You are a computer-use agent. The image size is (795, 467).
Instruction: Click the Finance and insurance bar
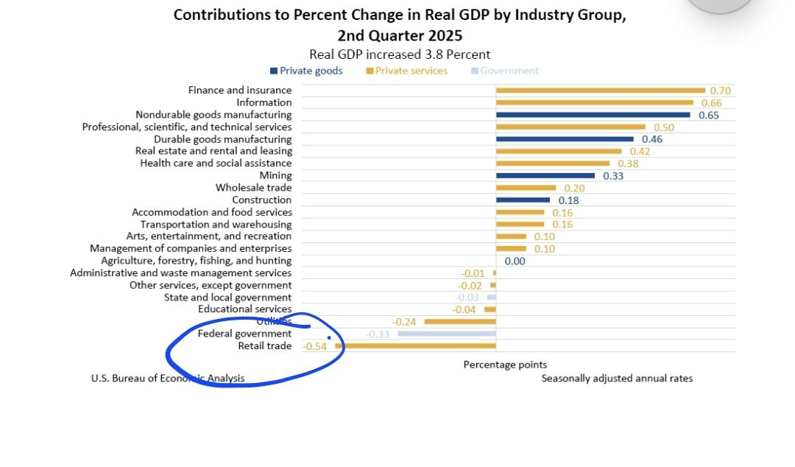coord(600,91)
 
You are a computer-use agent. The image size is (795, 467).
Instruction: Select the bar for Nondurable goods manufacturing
coord(593,115)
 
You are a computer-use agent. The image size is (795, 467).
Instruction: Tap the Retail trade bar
coord(415,345)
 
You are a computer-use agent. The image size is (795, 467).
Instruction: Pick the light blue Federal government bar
coord(447,334)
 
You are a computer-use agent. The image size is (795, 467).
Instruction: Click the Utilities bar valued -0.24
coord(460,322)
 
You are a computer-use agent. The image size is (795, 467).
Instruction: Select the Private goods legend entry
coord(306,71)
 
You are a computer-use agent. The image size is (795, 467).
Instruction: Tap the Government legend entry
coord(504,71)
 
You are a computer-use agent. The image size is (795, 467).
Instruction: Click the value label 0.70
coord(720,91)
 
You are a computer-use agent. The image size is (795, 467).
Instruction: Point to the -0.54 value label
coord(315,345)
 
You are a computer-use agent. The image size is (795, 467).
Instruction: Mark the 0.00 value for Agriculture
coord(515,261)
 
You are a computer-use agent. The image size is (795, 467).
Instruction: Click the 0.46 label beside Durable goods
coord(652,139)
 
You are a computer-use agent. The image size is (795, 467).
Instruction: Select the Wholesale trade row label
coord(253,188)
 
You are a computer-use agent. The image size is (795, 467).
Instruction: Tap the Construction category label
coord(261,200)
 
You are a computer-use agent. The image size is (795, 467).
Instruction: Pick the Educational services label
coord(244,309)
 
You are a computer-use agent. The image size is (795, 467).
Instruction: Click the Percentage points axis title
coord(505,365)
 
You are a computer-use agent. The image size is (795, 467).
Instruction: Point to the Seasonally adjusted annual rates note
coord(617,378)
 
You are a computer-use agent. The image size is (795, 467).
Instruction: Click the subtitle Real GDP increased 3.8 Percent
coord(400,55)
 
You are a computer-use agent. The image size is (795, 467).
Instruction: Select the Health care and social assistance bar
coord(553,164)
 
